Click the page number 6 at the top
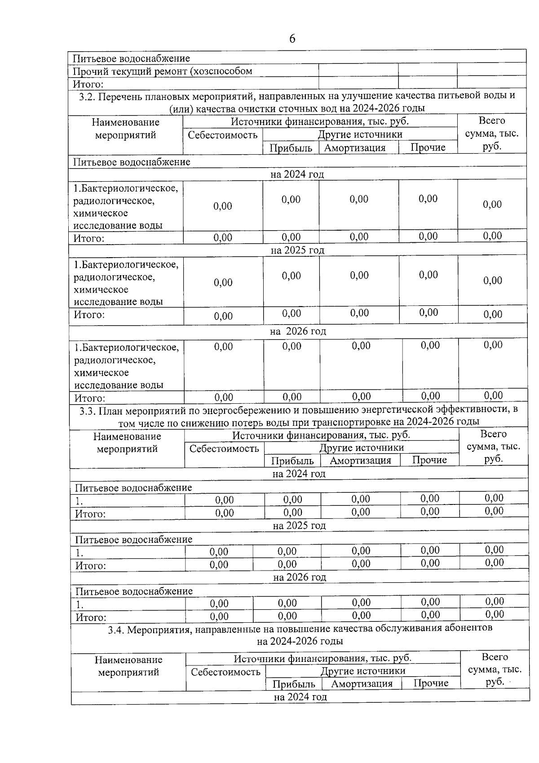click(x=292, y=39)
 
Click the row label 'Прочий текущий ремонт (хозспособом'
click(x=162, y=71)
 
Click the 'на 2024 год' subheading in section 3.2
click(x=297, y=174)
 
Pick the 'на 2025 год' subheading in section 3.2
click(x=297, y=250)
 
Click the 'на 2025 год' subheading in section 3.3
click(x=299, y=526)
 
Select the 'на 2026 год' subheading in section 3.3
click(x=300, y=577)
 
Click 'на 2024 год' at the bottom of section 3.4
click(x=300, y=697)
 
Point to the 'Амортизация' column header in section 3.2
click(x=355, y=148)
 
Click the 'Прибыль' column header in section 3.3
click(x=292, y=460)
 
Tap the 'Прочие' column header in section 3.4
click(x=431, y=683)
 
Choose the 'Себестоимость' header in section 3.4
click(x=225, y=672)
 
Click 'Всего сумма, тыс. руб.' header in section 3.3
click(x=493, y=446)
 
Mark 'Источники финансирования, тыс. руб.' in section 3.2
click(x=320, y=122)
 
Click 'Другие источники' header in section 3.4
click(x=363, y=671)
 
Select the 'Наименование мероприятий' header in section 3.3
click(x=127, y=443)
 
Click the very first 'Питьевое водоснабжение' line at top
click(x=131, y=58)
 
